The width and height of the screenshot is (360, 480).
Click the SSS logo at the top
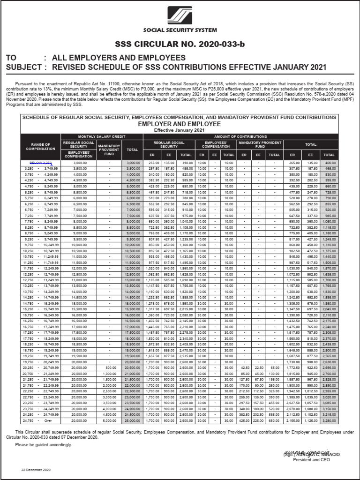(180, 14)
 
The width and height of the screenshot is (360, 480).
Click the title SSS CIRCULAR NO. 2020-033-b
(180, 45)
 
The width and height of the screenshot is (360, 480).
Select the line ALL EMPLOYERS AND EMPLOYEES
(119, 58)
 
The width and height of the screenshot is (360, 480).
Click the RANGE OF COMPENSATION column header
(40, 147)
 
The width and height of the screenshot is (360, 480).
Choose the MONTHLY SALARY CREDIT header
(101, 136)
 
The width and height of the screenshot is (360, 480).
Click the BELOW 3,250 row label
(40, 163)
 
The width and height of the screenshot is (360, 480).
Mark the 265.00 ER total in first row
(292, 163)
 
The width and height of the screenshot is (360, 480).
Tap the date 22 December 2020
(35, 470)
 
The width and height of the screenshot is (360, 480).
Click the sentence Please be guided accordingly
(44, 444)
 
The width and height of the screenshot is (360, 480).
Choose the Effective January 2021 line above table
(180, 130)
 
